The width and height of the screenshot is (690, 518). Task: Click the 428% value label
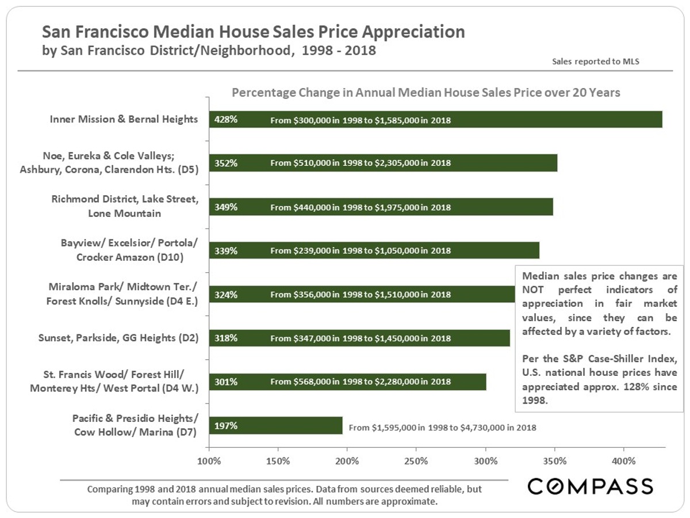click(x=225, y=120)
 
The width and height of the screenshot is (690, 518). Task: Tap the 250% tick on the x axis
click(x=416, y=461)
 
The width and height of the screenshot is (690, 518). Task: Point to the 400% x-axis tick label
click(x=623, y=461)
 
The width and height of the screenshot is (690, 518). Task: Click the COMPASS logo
click(x=591, y=486)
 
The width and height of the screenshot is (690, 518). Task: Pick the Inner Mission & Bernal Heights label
click(x=124, y=120)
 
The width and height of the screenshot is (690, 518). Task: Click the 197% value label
click(x=225, y=426)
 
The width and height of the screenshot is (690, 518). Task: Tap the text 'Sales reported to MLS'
click(x=595, y=61)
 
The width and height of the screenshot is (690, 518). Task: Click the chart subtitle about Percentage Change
click(x=425, y=93)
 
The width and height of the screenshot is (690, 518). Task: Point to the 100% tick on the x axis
click(x=209, y=461)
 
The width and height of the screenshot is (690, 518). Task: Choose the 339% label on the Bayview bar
click(x=225, y=251)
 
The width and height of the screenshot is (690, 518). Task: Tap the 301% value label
click(x=225, y=382)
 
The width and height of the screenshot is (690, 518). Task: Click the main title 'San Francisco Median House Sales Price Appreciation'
click(x=254, y=32)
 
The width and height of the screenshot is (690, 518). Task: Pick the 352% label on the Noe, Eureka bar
click(x=225, y=163)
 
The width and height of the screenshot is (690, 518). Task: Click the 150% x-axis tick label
click(x=278, y=461)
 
